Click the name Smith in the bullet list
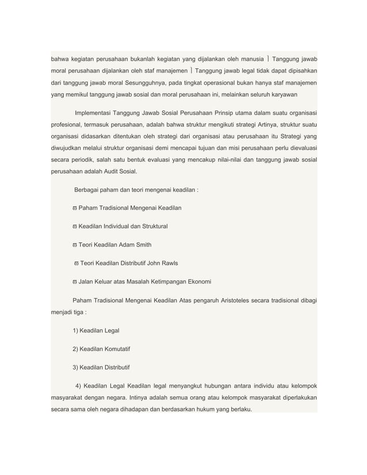point(140,245)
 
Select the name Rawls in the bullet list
point(168,263)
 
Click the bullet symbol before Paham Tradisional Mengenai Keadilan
point(75,208)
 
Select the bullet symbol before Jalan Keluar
point(75,282)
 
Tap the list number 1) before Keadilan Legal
point(77,330)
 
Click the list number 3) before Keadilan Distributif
point(77,367)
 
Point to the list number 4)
point(79,385)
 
